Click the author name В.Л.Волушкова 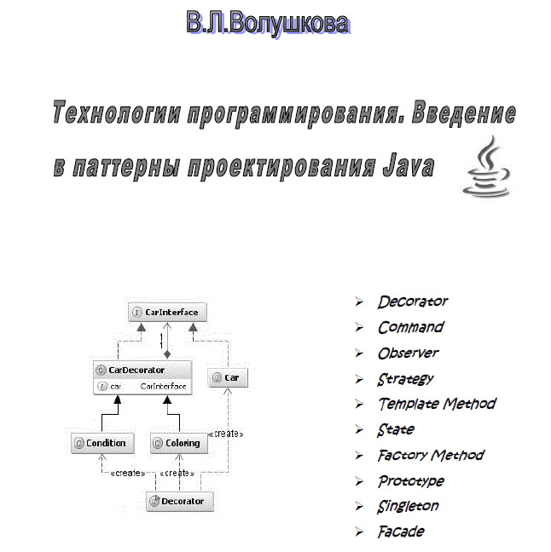pyautogui.click(x=268, y=23)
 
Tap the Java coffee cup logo pyautogui.click(x=487, y=166)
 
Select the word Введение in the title pyautogui.click(x=463, y=113)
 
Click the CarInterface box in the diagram pyautogui.click(x=167, y=312)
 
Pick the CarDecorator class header pyautogui.click(x=142, y=370)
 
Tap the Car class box pyautogui.click(x=228, y=377)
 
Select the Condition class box pyautogui.click(x=102, y=443)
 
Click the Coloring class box pyautogui.click(x=179, y=443)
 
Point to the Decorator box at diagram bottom pyautogui.click(x=180, y=501)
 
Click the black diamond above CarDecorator pyautogui.click(x=167, y=354)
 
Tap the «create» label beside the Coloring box pyautogui.click(x=226, y=434)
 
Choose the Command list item pyautogui.click(x=411, y=327)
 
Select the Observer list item pyautogui.click(x=408, y=354)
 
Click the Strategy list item pyautogui.click(x=405, y=380)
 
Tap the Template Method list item pyautogui.click(x=438, y=404)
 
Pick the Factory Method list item pyautogui.click(x=431, y=455)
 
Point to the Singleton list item pyautogui.click(x=408, y=507)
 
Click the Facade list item pyautogui.click(x=401, y=532)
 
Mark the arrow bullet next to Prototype pyautogui.click(x=359, y=481)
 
